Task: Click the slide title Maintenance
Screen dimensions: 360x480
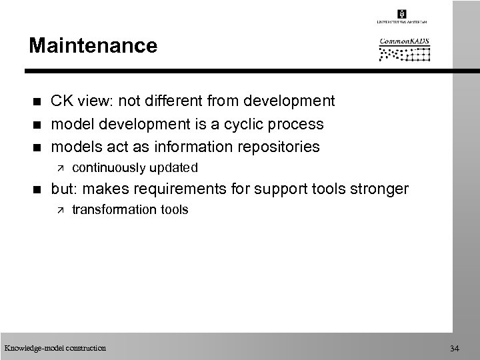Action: pyautogui.click(x=93, y=46)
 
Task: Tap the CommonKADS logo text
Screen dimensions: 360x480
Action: pyautogui.click(x=404, y=41)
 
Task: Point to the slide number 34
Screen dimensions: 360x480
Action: pyautogui.click(x=455, y=348)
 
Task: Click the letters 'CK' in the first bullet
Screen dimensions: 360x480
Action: pyautogui.click(x=63, y=101)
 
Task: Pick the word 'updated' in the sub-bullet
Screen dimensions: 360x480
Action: pyautogui.click(x=175, y=167)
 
